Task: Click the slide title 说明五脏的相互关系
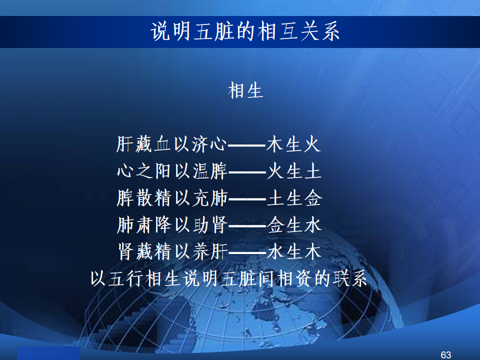245,31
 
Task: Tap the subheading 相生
245,90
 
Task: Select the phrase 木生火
293,144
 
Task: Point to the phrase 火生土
294,171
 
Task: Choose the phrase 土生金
294,198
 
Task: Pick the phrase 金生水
294,225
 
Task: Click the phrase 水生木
294,252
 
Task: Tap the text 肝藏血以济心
171,144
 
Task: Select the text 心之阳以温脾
172,171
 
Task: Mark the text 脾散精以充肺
172,198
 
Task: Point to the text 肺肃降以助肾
172,225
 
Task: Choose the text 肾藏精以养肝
173,252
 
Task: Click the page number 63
445,355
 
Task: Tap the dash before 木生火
246,145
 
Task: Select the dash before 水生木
247,253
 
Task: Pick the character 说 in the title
160,31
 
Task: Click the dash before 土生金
247,199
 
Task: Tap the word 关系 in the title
319,31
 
